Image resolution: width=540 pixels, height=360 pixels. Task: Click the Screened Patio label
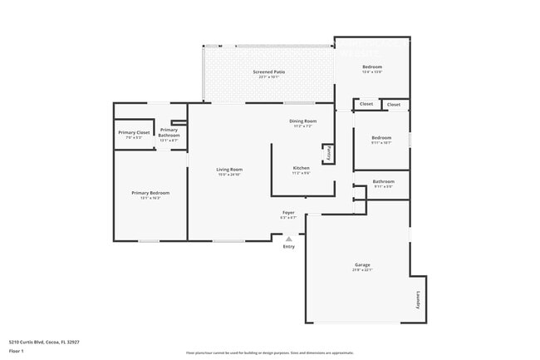pyautogui.click(x=269, y=72)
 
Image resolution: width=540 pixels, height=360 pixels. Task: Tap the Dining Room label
pyautogui.click(x=302, y=121)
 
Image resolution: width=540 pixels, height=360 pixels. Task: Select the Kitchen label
pyautogui.click(x=301, y=168)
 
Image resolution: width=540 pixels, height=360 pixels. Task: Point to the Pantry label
pyautogui.click(x=328, y=153)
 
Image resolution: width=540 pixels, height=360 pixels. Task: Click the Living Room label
pyautogui.click(x=229, y=169)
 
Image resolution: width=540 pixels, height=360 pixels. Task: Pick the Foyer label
pyautogui.click(x=288, y=213)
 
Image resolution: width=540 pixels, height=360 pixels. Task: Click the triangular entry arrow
pyautogui.click(x=289, y=239)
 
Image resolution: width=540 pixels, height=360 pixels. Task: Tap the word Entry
pyautogui.click(x=289, y=247)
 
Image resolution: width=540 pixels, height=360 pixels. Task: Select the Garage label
pyautogui.click(x=362, y=265)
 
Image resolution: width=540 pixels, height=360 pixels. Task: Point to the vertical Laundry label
pyautogui.click(x=419, y=299)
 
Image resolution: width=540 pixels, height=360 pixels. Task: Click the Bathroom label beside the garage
pyautogui.click(x=383, y=181)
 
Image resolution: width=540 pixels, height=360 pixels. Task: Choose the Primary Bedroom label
pyautogui.click(x=150, y=193)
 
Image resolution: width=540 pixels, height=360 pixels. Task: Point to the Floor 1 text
pyautogui.click(x=16, y=350)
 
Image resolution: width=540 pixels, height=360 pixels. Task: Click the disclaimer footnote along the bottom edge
pyautogui.click(x=270, y=353)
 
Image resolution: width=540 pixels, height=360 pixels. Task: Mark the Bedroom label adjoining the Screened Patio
pyautogui.click(x=371, y=67)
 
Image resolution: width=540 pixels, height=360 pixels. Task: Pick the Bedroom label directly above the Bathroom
pyautogui.click(x=381, y=137)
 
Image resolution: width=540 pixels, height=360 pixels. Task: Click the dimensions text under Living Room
pyautogui.click(x=229, y=175)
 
